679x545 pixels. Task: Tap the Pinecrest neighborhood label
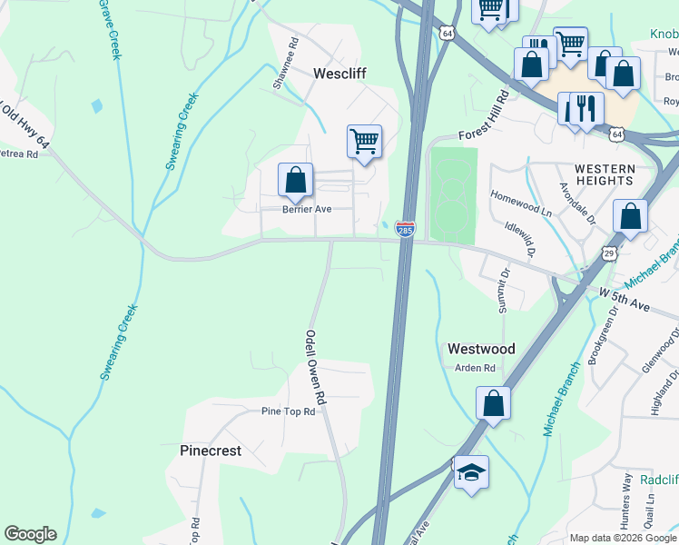pos(211,451)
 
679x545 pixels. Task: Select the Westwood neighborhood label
pos(481,349)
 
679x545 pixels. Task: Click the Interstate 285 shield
pos(405,229)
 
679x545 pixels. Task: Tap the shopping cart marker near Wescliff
pos(364,142)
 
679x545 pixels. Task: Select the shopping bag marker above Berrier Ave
pos(296,180)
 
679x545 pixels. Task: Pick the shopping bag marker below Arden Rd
pos(493,403)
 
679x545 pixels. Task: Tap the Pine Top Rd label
pos(288,411)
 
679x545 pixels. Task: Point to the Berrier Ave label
pos(307,209)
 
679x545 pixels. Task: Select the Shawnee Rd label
pos(285,63)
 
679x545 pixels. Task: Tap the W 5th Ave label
pos(625,300)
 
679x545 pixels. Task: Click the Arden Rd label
pos(476,368)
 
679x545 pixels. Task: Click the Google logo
pos(30,534)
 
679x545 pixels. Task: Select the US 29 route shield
pos(609,250)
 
